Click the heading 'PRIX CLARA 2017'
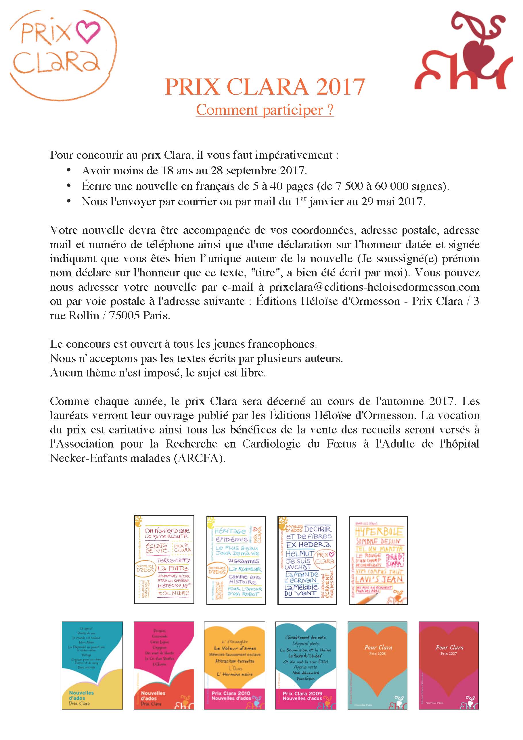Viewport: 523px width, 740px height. tap(265, 87)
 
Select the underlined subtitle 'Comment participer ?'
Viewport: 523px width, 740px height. tap(265, 110)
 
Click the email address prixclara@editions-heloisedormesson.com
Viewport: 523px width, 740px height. tap(374, 287)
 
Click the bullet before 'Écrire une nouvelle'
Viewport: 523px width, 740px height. tap(68, 186)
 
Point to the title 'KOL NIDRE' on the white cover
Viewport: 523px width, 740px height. tap(173, 593)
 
